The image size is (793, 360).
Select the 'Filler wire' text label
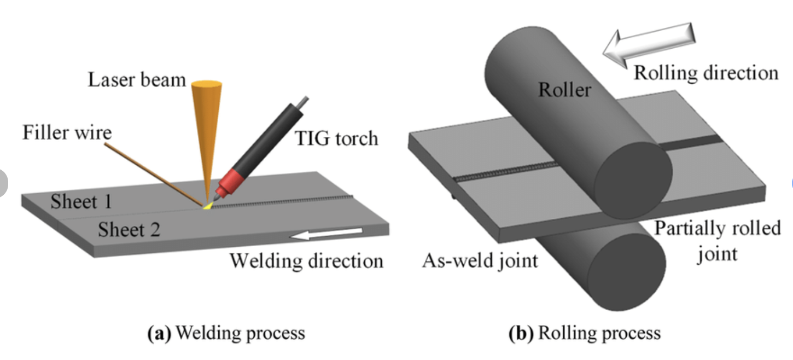[67, 132]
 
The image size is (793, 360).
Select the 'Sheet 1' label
[81, 202]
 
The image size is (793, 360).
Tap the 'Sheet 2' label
[129, 230]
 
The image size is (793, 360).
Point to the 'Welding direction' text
[306, 260]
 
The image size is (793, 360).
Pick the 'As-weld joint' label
[480, 260]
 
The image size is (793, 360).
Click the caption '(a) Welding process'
[226, 333]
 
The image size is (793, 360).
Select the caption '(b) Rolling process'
[584, 333]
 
